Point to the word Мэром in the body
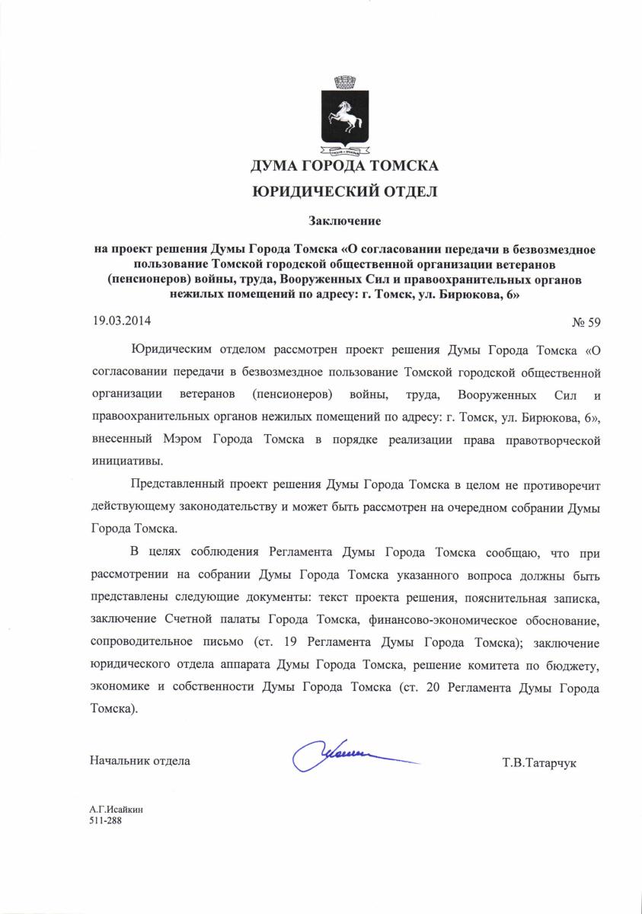(x=181, y=440)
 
